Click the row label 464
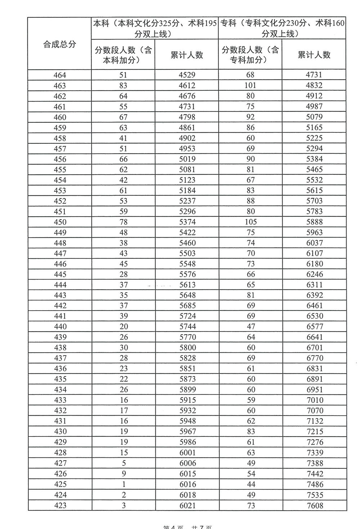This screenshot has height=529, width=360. [x=60, y=75]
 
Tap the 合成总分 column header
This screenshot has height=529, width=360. [x=60, y=44]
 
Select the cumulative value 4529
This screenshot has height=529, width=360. [x=187, y=75]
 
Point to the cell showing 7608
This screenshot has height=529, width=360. [x=314, y=505]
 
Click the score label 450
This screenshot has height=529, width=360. [x=60, y=222]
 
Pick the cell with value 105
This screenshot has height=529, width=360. [x=251, y=222]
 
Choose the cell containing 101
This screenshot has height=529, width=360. [x=251, y=86]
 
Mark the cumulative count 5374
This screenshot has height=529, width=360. [x=187, y=222]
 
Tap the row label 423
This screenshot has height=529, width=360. [x=60, y=505]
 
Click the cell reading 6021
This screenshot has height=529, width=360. [x=187, y=505]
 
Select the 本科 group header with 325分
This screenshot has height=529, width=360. [x=155, y=28]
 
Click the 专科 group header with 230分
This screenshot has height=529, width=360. [x=282, y=28]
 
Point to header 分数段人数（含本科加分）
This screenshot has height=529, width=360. [x=123, y=55]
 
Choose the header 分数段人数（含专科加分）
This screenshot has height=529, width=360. [x=250, y=55]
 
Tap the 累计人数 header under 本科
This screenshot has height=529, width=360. [x=187, y=55]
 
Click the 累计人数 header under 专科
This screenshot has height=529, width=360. [x=314, y=55]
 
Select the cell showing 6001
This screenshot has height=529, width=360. [x=187, y=453]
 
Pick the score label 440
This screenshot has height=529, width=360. [x=60, y=327]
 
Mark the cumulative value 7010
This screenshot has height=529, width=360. [x=314, y=400]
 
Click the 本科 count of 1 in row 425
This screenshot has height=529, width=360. [x=123, y=484]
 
